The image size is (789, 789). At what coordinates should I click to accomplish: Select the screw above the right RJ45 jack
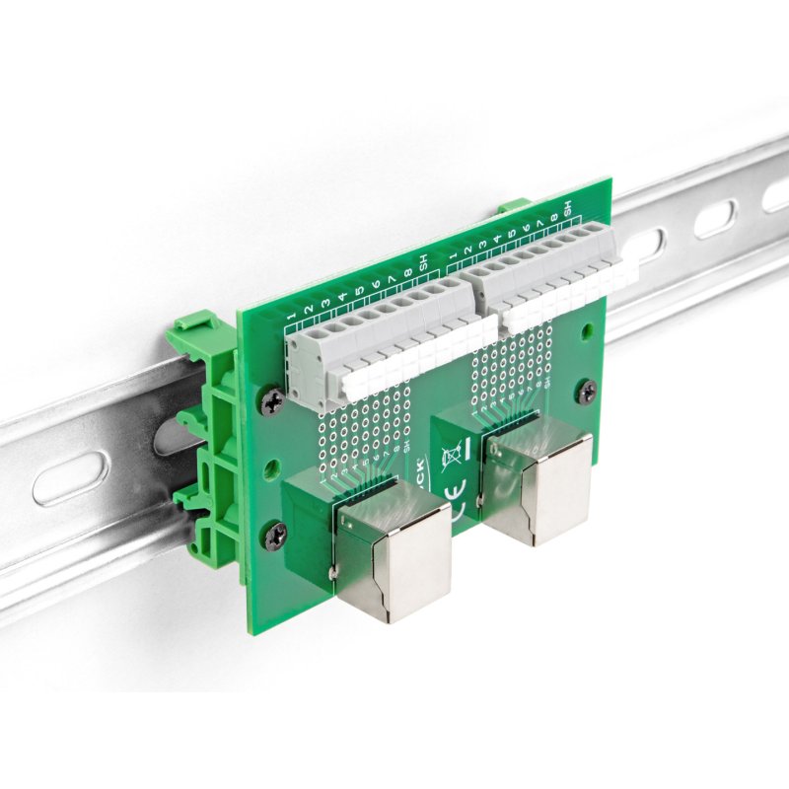point(586,391)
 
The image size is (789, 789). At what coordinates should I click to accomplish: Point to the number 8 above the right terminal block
point(554,214)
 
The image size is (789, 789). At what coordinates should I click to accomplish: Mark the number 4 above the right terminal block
point(498,237)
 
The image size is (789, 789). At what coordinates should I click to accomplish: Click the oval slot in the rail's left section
point(71,477)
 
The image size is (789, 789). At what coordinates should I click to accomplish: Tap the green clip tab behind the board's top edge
point(513,206)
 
